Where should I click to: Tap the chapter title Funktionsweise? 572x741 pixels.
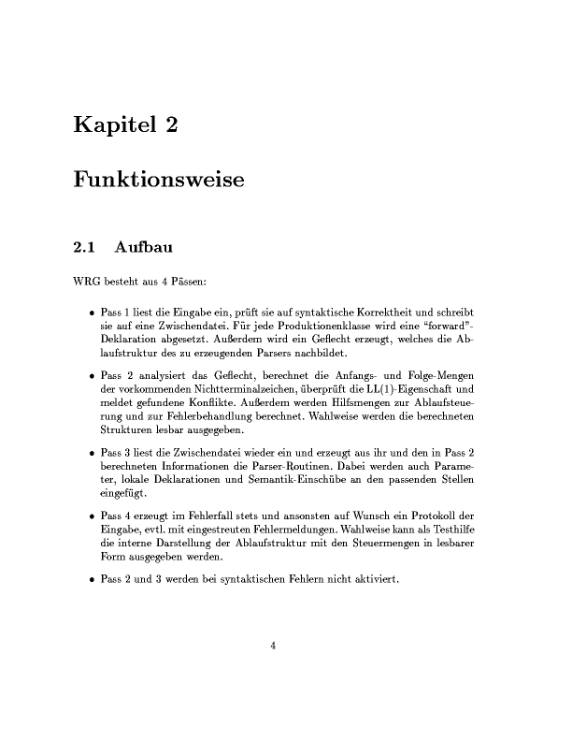[x=158, y=180]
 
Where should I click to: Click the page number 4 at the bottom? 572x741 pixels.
[x=274, y=645]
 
